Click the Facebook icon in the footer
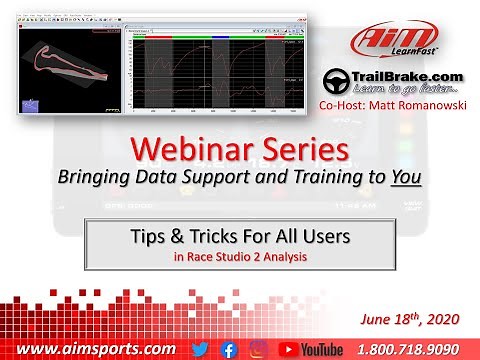click(228, 348)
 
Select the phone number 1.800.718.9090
click(419, 348)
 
